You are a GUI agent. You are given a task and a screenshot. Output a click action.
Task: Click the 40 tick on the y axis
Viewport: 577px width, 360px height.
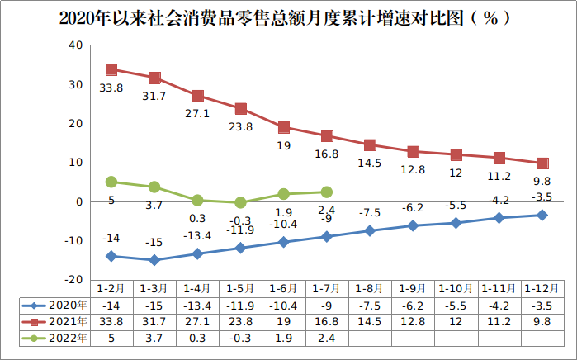coord(75,45)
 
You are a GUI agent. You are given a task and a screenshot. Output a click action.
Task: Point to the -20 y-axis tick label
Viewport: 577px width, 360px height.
coord(73,280)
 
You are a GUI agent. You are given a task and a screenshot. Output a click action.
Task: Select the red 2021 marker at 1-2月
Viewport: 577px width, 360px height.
coord(111,69)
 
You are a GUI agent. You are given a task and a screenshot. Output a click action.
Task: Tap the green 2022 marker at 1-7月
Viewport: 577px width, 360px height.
coord(327,192)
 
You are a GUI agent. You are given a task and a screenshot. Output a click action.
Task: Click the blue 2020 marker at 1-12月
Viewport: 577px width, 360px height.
coord(542,215)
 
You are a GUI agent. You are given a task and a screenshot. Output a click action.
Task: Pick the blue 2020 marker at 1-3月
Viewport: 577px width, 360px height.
coord(154,260)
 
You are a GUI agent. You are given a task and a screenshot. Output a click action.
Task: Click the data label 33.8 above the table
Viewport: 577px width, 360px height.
coord(111,88)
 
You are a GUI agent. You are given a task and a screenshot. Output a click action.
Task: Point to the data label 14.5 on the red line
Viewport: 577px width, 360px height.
coord(370,163)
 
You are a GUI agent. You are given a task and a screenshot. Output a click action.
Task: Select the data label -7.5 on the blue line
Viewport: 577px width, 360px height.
coord(370,212)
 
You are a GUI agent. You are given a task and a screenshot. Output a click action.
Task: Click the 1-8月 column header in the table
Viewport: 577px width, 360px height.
coord(370,288)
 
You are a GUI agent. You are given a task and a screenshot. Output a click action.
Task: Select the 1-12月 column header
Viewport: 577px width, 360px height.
coord(542,288)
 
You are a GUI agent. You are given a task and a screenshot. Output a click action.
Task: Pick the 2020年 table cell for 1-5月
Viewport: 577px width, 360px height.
coord(240,305)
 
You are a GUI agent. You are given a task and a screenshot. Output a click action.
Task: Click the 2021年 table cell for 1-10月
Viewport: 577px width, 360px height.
coord(456,321)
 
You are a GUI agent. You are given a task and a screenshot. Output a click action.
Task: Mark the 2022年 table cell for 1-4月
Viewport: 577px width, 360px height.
coord(197,338)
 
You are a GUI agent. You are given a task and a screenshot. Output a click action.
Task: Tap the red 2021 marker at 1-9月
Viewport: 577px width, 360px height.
coord(413,151)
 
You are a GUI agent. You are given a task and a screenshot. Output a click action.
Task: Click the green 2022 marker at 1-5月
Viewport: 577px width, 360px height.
coord(240,202)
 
